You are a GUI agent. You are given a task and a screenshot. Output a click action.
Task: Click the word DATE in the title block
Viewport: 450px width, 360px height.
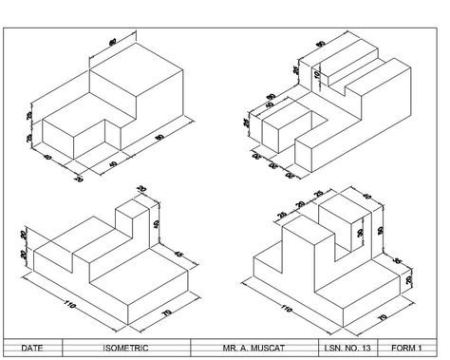point(31,348)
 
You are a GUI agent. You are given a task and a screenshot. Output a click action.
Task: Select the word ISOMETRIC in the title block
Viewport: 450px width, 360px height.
point(128,348)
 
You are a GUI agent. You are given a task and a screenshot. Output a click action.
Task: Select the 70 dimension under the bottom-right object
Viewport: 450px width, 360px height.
point(383,316)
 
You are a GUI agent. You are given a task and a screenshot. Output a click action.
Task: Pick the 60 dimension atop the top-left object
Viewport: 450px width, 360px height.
point(114,42)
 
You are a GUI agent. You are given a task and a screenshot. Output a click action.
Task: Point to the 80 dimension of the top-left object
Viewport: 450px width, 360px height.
point(159,139)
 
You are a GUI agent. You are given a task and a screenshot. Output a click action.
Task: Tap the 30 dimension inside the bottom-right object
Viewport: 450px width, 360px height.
point(360,231)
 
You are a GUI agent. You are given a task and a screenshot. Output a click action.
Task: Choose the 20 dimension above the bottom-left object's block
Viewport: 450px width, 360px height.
point(142,190)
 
